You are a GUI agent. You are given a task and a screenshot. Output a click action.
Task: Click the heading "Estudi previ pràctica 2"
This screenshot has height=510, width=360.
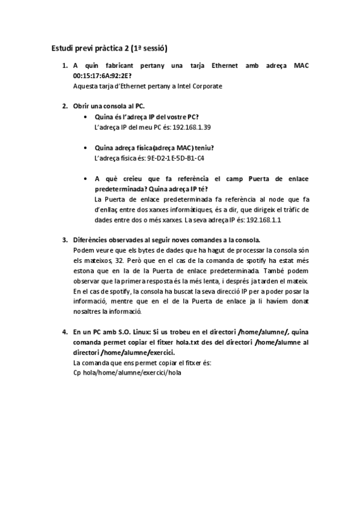click(x=109, y=47)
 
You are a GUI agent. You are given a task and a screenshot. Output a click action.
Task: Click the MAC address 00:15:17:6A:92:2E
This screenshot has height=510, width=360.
click(x=102, y=76)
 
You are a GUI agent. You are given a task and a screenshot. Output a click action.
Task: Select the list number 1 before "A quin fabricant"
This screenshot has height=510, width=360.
click(x=65, y=66)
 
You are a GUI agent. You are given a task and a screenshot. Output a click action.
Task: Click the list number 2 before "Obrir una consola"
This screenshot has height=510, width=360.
click(x=65, y=106)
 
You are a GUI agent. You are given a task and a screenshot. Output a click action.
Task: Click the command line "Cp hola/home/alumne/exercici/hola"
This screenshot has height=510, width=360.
click(x=127, y=373)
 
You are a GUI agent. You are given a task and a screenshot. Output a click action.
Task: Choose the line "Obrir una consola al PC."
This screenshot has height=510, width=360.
click(x=109, y=106)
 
